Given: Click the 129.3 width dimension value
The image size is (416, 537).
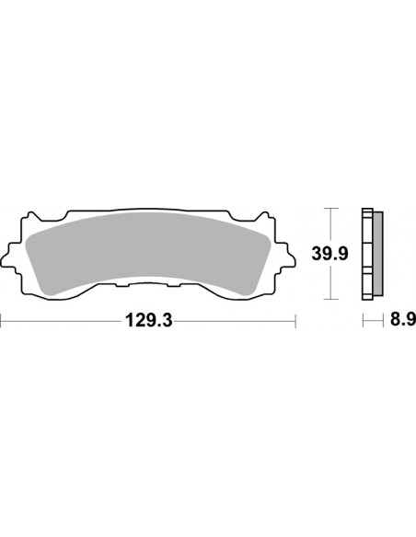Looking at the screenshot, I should tap(148, 323).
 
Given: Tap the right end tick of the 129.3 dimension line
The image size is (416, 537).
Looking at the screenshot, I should tap(295, 323).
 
